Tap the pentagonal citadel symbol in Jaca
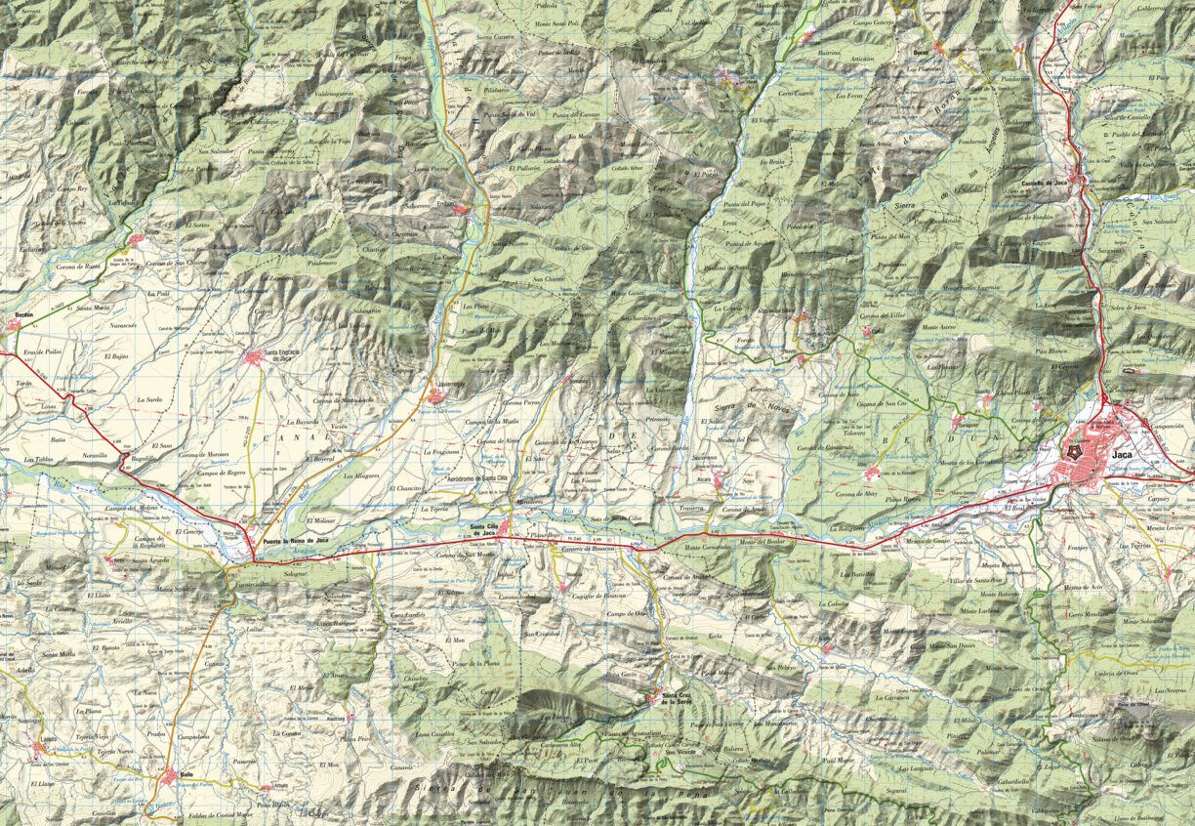pyautogui.click(x=1075, y=453)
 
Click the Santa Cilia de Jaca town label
pyautogui.click(x=487, y=530)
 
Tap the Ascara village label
pyautogui.click(x=704, y=480)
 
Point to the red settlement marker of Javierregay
pyautogui.click(x=435, y=396)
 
